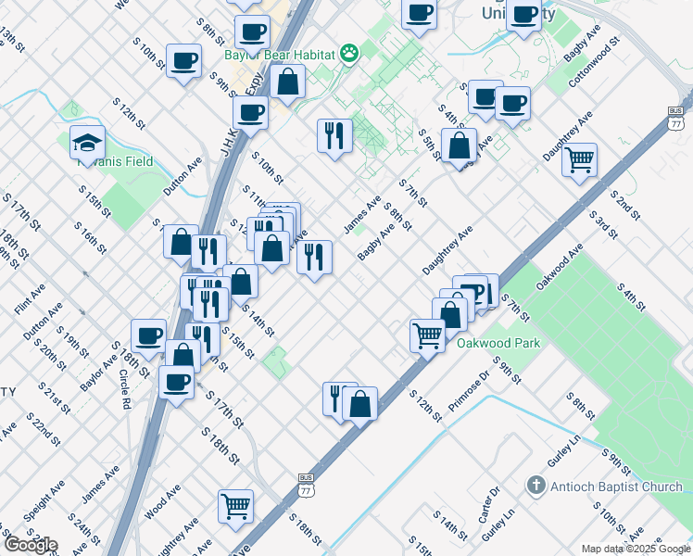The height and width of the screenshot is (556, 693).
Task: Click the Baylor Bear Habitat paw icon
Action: [x=348, y=54]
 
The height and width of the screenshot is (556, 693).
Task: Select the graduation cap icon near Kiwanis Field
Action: [x=87, y=143]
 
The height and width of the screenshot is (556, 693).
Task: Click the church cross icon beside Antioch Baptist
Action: [x=535, y=486]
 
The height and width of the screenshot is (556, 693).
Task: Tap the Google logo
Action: [x=30, y=544]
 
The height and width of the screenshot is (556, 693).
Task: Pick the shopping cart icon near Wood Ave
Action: [x=236, y=506]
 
